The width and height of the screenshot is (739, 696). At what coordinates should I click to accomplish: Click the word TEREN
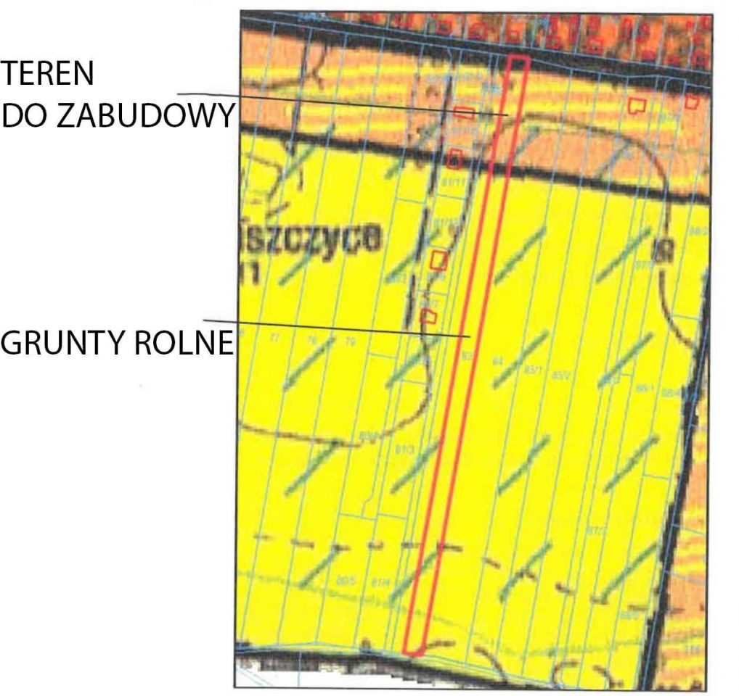48,74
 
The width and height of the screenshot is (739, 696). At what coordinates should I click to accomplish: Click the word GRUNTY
64,342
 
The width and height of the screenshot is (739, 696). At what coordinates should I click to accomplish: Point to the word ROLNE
184,342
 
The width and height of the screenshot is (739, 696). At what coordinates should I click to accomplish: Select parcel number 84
498,361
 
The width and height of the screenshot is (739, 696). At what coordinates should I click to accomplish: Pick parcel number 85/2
561,375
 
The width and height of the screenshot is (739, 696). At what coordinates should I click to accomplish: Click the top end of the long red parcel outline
517,58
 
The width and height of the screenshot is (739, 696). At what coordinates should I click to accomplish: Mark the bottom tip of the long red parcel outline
412,653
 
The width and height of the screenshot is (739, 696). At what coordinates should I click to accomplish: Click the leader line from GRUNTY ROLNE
334,328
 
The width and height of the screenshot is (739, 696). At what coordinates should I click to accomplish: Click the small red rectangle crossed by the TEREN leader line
464,112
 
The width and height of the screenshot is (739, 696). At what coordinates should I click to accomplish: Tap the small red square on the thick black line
454,157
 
